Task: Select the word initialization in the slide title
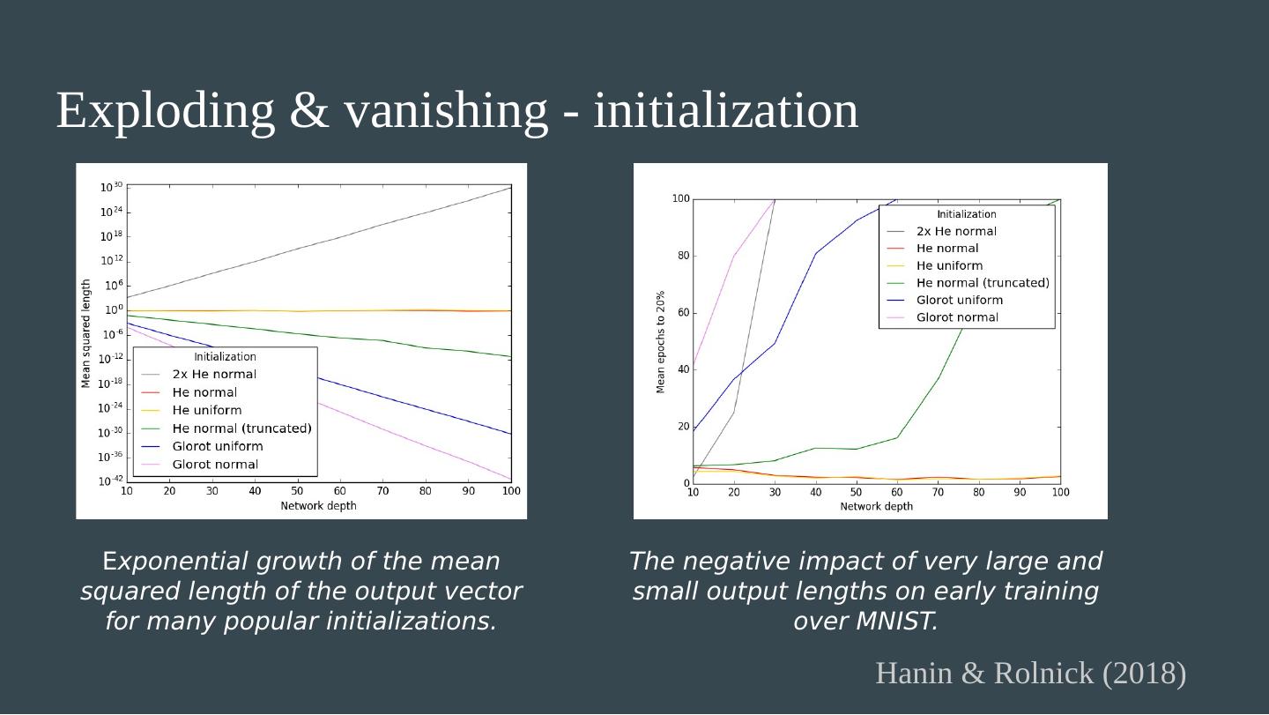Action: [725, 111]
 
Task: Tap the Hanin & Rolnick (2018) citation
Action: [1030, 674]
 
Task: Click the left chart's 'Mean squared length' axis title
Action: [86, 333]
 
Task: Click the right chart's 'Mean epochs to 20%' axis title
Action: [661, 342]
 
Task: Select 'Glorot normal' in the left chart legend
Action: [215, 465]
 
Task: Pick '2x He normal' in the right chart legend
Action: [956, 232]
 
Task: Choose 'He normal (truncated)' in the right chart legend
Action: [983, 283]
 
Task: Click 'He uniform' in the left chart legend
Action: [206, 410]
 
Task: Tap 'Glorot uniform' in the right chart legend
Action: [959, 300]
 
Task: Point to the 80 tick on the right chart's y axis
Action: [680, 257]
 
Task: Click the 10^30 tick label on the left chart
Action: [111, 187]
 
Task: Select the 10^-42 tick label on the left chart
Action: [110, 481]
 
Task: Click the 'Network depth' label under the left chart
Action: [318, 506]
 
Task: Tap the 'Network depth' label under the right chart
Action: [876, 507]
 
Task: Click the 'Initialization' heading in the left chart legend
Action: [225, 357]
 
